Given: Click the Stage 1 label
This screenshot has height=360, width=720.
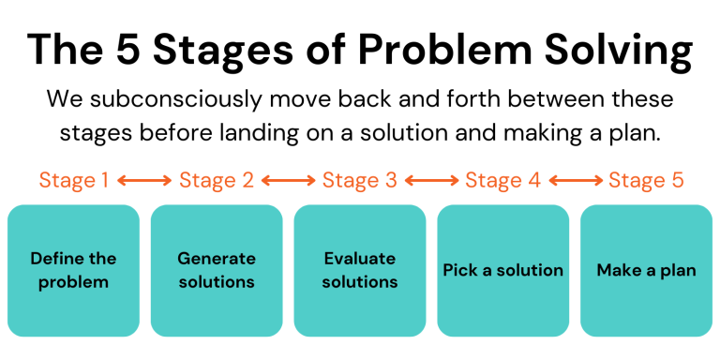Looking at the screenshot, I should click(x=73, y=180).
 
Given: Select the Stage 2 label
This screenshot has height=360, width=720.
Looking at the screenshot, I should click(x=217, y=180).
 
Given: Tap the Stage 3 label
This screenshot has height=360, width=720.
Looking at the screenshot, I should click(x=360, y=180).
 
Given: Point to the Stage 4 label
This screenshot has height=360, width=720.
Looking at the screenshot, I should click(x=503, y=180).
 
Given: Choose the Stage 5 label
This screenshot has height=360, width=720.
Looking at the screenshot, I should click(x=646, y=180).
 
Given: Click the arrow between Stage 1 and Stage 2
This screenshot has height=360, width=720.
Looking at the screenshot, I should click(x=144, y=180).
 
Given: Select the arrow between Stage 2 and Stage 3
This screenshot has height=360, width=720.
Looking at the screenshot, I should click(x=288, y=180).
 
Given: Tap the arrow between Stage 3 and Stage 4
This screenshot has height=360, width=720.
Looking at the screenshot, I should click(x=431, y=180).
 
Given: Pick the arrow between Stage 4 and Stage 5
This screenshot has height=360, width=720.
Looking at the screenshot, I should click(x=575, y=180).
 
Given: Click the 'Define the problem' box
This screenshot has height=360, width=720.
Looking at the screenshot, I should click(x=73, y=270).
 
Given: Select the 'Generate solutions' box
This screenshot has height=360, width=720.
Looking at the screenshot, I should click(x=217, y=270).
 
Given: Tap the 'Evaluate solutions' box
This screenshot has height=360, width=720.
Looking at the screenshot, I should click(x=360, y=270).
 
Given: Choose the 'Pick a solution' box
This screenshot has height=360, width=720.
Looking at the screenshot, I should click(x=503, y=270).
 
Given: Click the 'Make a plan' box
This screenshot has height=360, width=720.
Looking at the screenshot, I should click(x=646, y=270).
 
